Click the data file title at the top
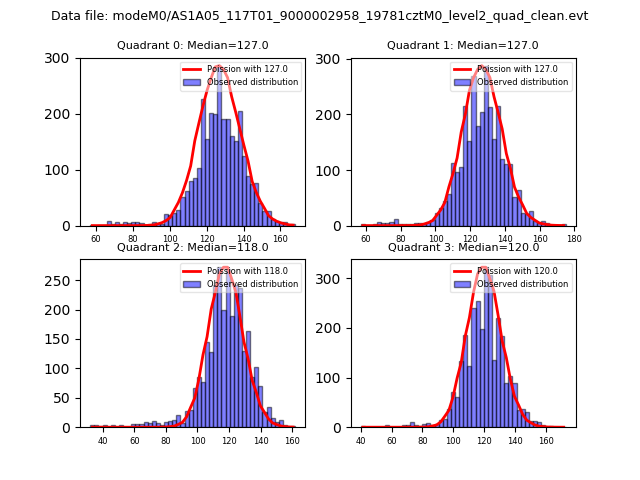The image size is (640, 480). tap(320, 16)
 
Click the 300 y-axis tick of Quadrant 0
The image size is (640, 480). tap(63, 58)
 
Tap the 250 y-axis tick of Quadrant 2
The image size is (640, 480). tap(63, 281)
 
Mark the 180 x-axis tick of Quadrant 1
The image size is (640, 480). tap(574, 239)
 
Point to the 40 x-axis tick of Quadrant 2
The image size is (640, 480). tap(102, 440)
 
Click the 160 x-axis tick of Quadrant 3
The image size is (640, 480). tap(546, 440)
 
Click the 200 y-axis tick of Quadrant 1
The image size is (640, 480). tap(333, 114)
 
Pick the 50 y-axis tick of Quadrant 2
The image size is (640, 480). tap(66, 398)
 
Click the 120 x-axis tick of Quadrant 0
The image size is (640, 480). tap(207, 239)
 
